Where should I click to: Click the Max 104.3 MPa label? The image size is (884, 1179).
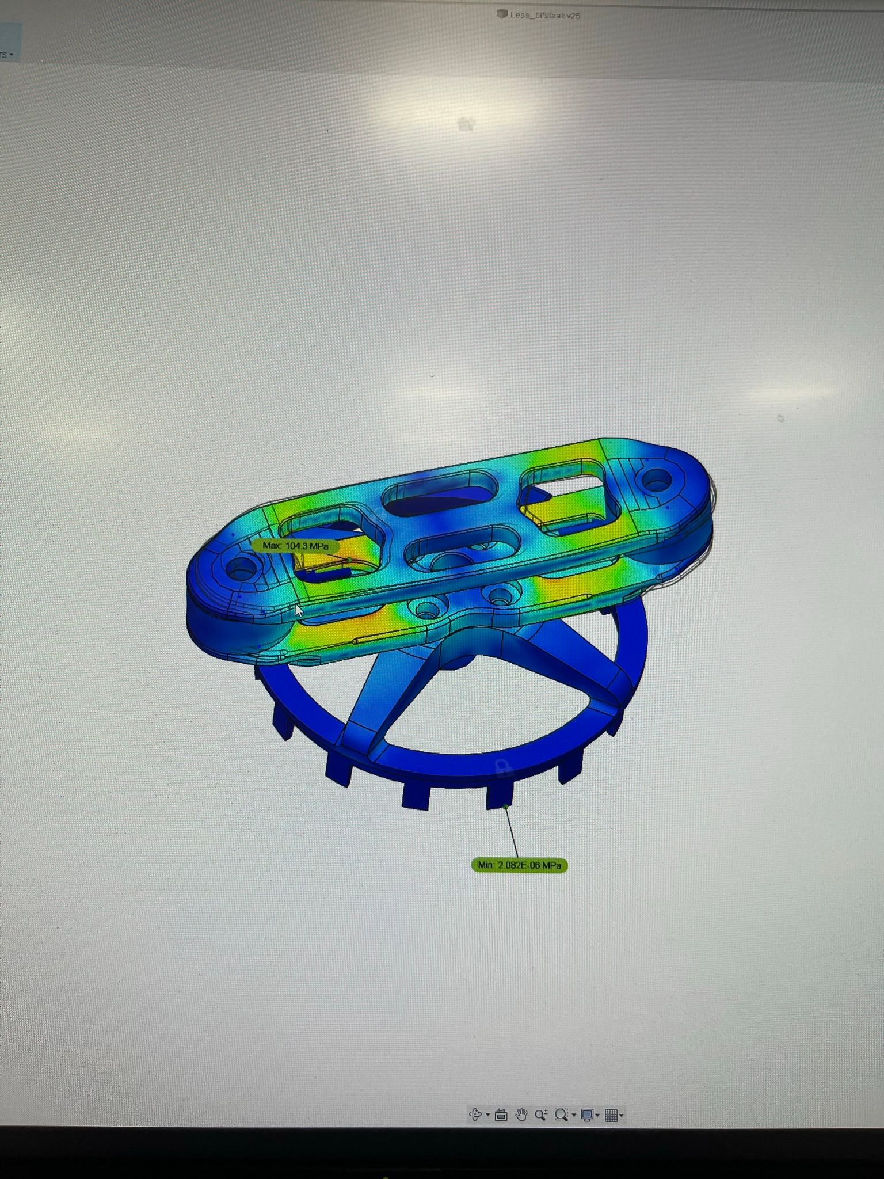(x=295, y=546)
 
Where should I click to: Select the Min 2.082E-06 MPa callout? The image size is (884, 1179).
(x=519, y=865)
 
